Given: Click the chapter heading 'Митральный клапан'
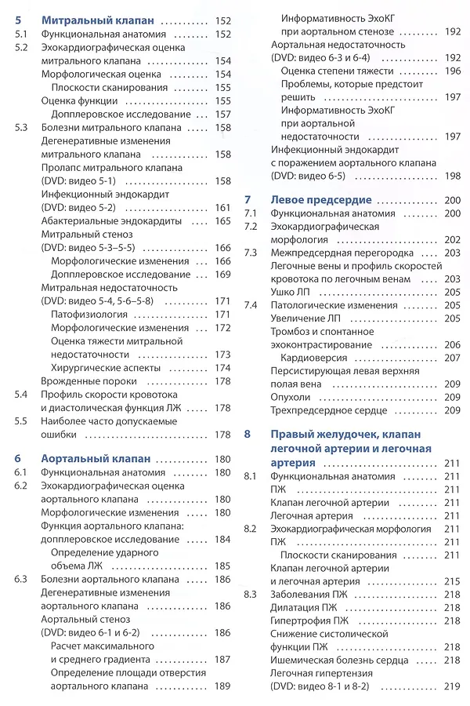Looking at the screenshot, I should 97,20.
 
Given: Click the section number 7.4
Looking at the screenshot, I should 251,304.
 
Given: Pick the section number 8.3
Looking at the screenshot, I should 251,594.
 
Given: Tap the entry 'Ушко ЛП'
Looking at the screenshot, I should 289,291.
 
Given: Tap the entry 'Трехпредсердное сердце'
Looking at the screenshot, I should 329,410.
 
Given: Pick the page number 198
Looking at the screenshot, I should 452,176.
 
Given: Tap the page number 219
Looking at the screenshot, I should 452,686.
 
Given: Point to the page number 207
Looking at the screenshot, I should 452,358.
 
